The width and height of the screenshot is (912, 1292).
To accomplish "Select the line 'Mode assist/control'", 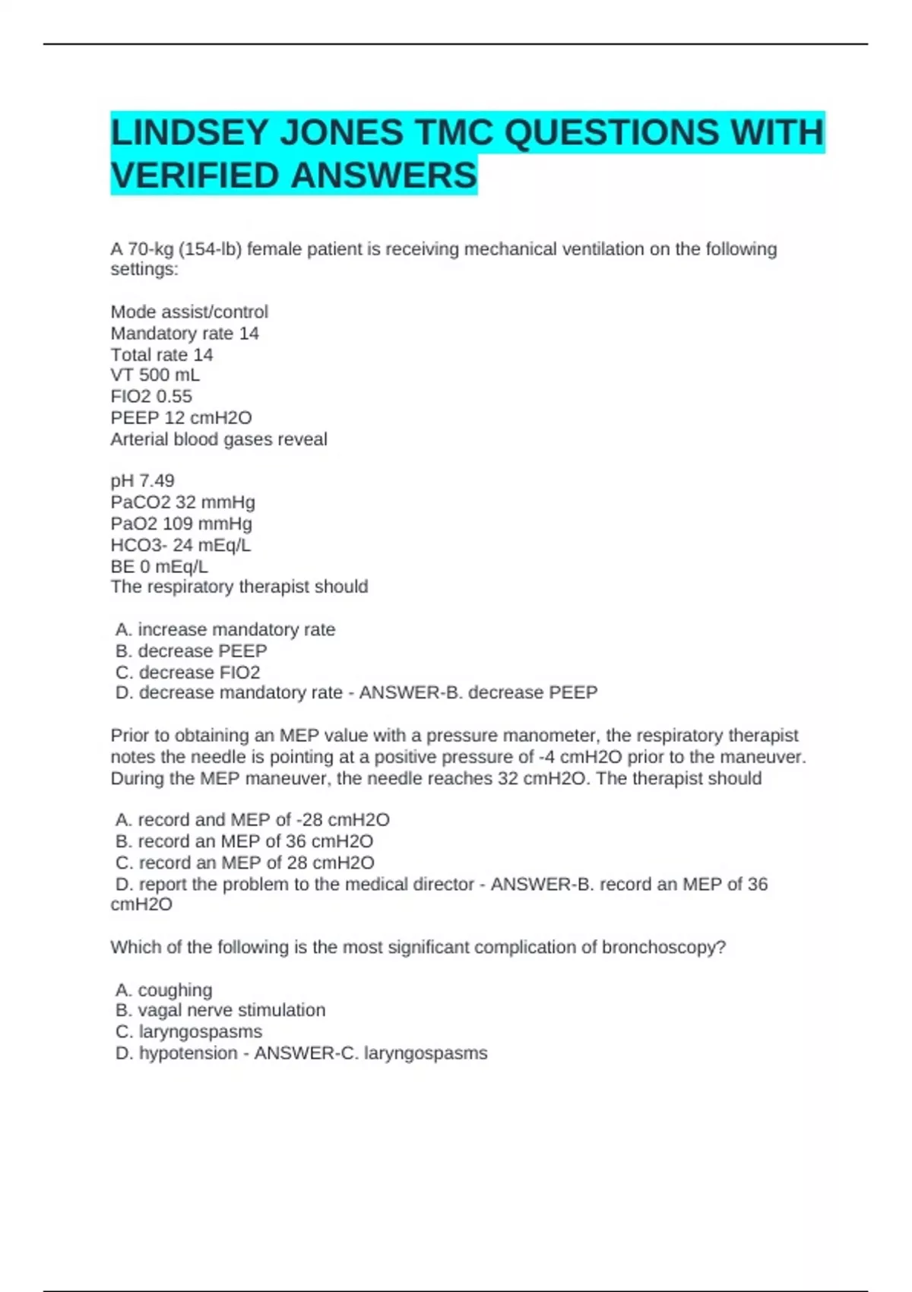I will click(x=189, y=312).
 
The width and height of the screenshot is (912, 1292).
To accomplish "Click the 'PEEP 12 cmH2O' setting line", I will click(x=181, y=418).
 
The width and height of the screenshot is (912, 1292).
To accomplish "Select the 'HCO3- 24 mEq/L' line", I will click(x=180, y=545).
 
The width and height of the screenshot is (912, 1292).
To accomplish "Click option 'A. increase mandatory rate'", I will click(x=226, y=629).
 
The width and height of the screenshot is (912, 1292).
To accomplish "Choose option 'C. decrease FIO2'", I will click(x=188, y=673).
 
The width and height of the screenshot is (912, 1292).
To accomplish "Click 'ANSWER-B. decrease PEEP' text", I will click(x=478, y=693).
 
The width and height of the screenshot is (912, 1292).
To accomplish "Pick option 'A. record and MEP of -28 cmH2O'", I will click(x=252, y=820).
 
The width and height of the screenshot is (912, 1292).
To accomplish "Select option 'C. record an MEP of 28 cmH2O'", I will click(x=245, y=863).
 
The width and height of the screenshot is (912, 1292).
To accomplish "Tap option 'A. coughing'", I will click(x=164, y=990).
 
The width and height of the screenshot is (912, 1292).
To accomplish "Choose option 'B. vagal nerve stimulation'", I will click(x=220, y=1011).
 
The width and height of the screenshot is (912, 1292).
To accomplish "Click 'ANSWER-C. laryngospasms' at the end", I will click(x=371, y=1053).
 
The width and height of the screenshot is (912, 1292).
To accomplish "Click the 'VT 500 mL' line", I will click(x=155, y=375).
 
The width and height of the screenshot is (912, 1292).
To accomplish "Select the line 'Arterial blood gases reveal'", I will click(x=219, y=439).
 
